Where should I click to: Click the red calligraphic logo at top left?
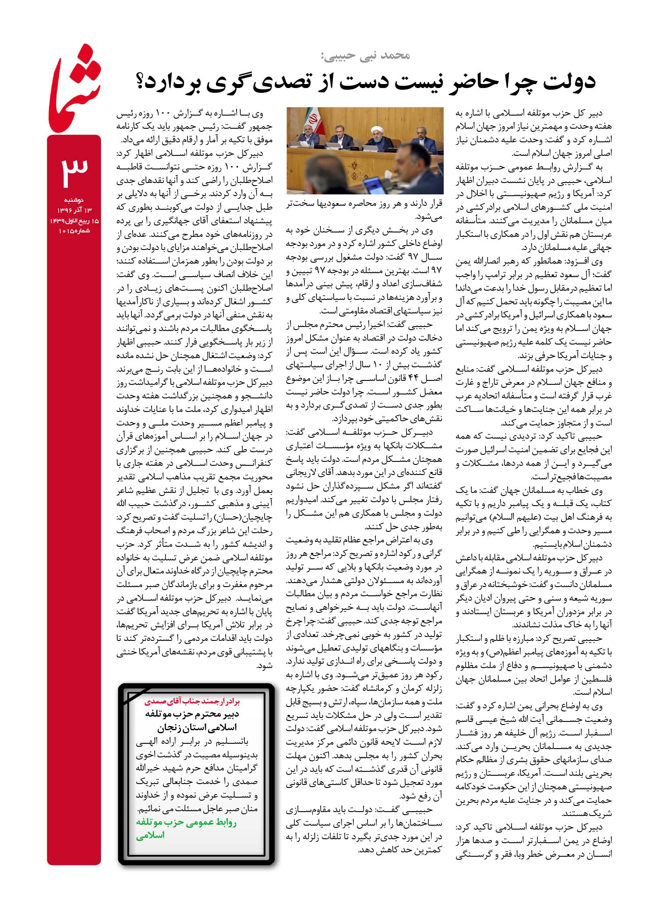74,94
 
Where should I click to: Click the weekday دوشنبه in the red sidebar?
74,200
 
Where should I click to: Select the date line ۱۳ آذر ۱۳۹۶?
74,210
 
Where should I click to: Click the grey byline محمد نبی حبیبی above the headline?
366,56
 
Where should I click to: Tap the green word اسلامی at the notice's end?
150,835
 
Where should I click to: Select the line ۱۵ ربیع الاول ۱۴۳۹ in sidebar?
74,221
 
